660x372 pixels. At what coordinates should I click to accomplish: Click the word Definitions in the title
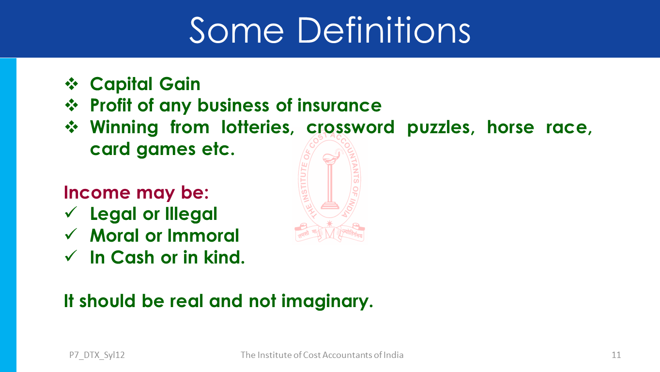tap(384, 30)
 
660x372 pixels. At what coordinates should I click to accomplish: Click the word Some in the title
tap(237, 30)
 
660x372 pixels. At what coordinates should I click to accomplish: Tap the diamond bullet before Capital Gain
tap(72, 84)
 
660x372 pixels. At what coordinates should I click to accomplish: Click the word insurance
tap(339, 105)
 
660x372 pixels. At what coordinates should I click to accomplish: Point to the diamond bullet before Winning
tap(72, 127)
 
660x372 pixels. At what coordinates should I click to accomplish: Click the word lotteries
tap(258, 127)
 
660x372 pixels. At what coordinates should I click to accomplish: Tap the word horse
tap(510, 127)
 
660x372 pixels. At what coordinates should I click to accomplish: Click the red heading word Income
tap(97, 192)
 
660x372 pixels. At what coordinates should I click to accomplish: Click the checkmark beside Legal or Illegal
tap(71, 213)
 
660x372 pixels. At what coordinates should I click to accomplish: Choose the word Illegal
tap(191, 214)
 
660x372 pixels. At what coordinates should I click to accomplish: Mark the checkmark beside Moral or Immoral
tap(71, 234)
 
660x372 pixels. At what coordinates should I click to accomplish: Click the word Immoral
tap(203, 235)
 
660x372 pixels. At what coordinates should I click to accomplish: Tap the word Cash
tap(133, 257)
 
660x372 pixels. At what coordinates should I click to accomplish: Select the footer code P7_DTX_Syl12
tap(97, 355)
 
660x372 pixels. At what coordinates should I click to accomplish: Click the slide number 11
tap(616, 355)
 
